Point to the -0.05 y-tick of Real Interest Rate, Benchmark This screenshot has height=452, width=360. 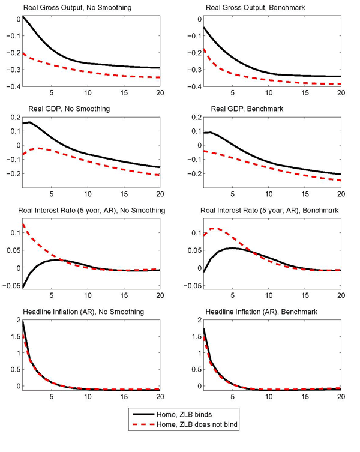[188, 285]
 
